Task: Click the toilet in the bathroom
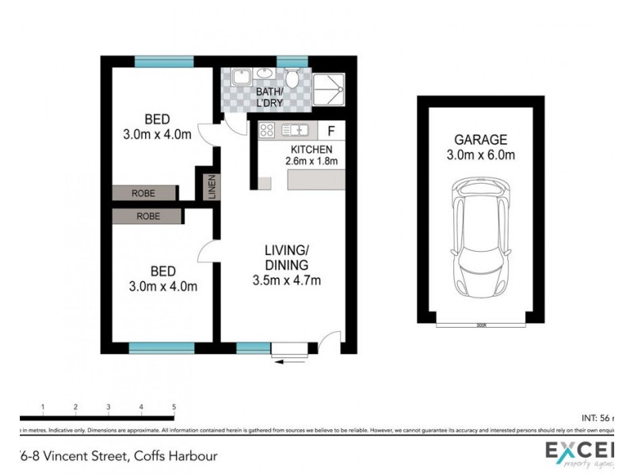292,79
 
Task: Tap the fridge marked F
330,130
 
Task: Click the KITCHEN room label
311,149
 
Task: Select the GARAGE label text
481,140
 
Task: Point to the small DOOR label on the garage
480,325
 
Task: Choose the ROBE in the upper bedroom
143,192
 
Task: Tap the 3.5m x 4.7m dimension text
286,279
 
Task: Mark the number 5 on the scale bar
174,407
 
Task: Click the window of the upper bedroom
163,61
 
